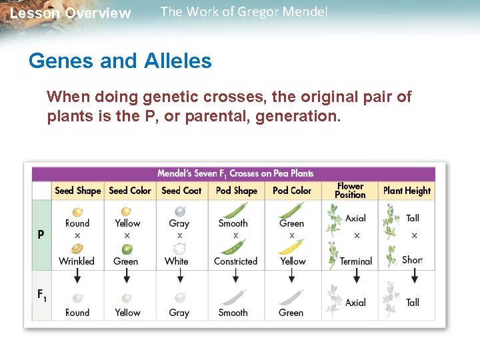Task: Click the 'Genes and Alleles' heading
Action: [x=120, y=61]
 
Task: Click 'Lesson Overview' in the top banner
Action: [x=71, y=13]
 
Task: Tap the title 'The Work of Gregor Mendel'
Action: [x=244, y=12]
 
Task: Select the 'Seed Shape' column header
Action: [x=77, y=191]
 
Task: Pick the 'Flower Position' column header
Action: [x=350, y=191]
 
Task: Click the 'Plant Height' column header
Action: [x=407, y=191]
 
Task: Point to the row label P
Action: [x=41, y=235]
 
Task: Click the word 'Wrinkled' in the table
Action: [x=77, y=261]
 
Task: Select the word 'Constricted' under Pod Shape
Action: [x=235, y=261]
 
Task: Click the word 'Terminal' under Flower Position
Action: [x=355, y=261]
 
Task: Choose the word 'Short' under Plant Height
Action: [x=412, y=260]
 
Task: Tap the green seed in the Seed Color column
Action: [x=126, y=249]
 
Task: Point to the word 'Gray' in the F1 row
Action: [x=179, y=312]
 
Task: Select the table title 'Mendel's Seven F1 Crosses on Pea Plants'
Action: [x=235, y=173]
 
